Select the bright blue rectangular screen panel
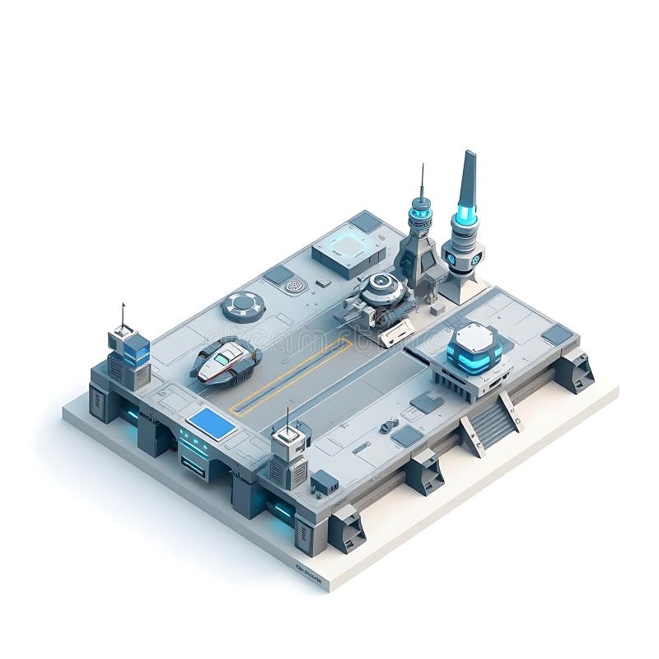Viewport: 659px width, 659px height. click(x=211, y=424)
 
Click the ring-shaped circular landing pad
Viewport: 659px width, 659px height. click(x=244, y=306)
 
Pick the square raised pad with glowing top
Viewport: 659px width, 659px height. click(x=348, y=246)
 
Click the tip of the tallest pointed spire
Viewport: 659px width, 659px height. click(x=469, y=154)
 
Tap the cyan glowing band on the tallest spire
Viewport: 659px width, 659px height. click(x=466, y=216)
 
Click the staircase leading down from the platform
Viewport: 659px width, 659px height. click(x=491, y=421)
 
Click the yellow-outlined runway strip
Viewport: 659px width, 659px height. click(x=292, y=375)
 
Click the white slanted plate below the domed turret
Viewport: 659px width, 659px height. click(x=397, y=331)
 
